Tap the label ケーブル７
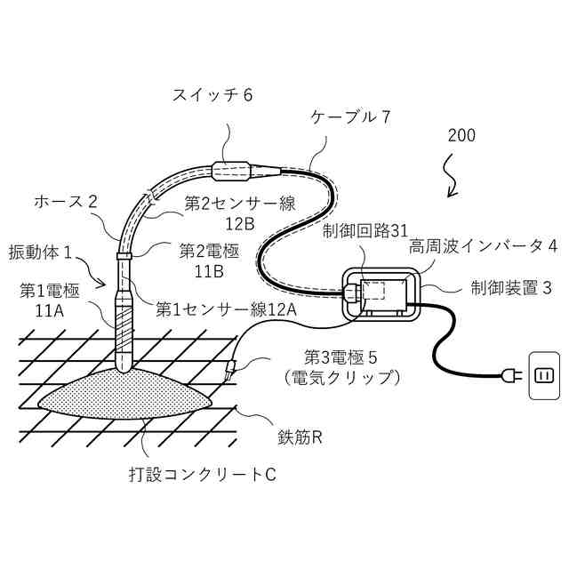pyautogui.click(x=350, y=116)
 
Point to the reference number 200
pyautogui.click(x=461, y=136)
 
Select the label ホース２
pyautogui.click(x=65, y=201)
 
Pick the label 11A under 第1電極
pyautogui.click(x=49, y=310)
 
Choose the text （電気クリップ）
pyautogui.click(x=341, y=377)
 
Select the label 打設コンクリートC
pyautogui.click(x=202, y=473)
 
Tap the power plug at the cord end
pyautogui.click(x=509, y=376)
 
